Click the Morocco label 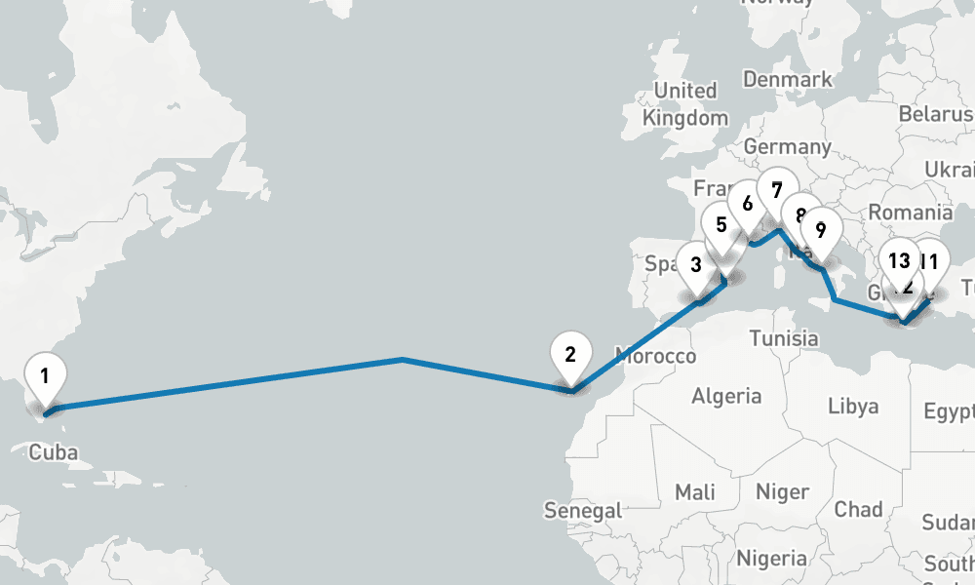[x=655, y=355]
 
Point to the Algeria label [x=726, y=396]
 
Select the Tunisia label [x=784, y=338]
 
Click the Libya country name [x=852, y=406]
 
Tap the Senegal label [x=583, y=510]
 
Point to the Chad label [x=858, y=508]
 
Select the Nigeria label [x=771, y=558]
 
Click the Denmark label [x=787, y=79]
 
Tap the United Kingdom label [x=685, y=103]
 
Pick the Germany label [x=787, y=147]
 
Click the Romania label [x=910, y=213]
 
